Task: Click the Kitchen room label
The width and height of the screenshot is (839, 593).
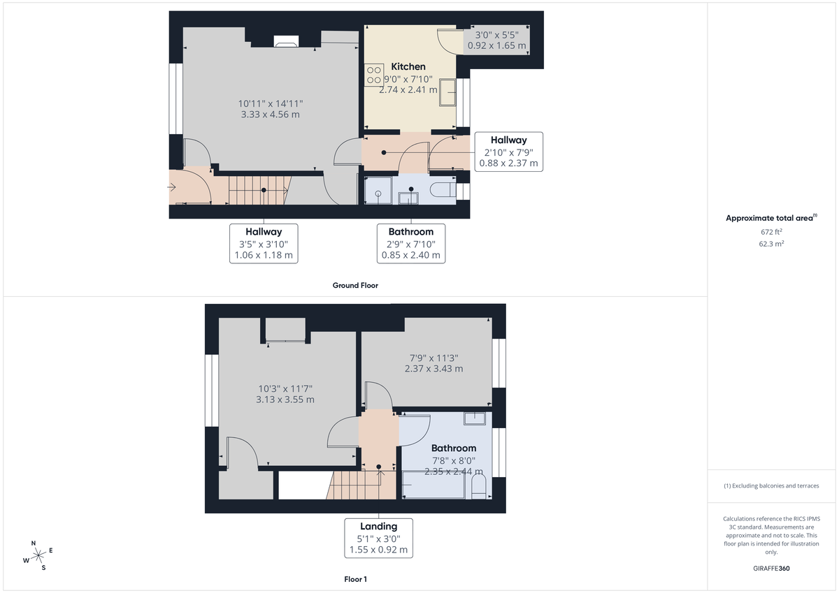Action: click(x=408, y=66)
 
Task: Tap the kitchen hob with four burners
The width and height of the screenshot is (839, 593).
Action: click(x=373, y=75)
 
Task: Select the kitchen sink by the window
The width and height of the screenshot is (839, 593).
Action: click(x=447, y=92)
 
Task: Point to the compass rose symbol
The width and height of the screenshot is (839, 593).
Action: click(x=38, y=555)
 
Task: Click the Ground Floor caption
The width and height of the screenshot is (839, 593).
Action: click(x=355, y=285)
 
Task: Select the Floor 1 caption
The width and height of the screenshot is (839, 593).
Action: click(x=355, y=579)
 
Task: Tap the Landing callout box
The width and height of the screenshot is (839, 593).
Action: click(x=378, y=538)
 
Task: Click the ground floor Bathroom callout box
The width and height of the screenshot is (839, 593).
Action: click(x=410, y=243)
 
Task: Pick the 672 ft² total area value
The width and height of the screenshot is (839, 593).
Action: click(x=771, y=231)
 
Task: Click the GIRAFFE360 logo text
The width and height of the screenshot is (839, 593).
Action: click(x=771, y=569)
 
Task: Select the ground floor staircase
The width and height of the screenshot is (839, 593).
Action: click(x=259, y=190)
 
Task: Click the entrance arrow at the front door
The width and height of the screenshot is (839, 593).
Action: click(x=173, y=187)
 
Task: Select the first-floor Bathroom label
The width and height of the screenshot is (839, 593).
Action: click(x=453, y=448)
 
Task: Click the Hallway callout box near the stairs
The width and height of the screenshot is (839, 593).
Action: click(x=263, y=243)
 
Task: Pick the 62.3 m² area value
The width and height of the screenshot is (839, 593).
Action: click(x=771, y=244)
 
